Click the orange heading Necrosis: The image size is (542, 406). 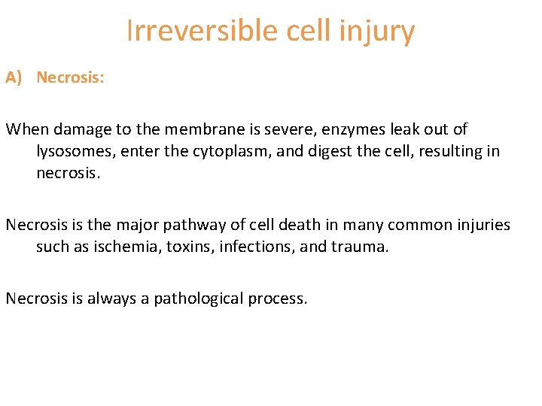[x=70, y=77]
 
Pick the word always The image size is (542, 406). [x=108, y=298]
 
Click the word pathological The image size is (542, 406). [x=201, y=298]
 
